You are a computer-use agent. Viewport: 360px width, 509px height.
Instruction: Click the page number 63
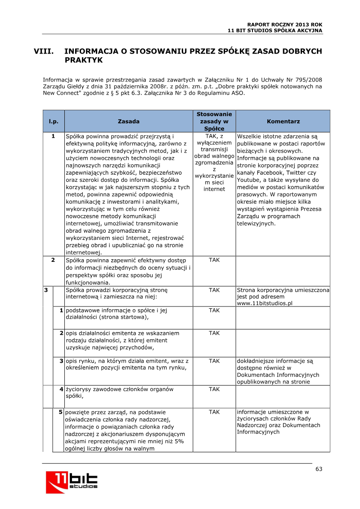pyautogui.click(x=319, y=469)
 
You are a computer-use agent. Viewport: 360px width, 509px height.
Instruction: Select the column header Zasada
pyautogui.click(x=128, y=122)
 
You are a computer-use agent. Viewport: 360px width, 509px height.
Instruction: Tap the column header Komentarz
pyautogui.click(x=283, y=122)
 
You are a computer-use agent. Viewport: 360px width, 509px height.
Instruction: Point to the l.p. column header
pyautogui.click(x=54, y=122)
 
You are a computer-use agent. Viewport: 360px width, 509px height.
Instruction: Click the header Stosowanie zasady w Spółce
pyautogui.click(x=214, y=122)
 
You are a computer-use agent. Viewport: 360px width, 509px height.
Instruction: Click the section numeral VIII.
pyautogui.click(x=44, y=51)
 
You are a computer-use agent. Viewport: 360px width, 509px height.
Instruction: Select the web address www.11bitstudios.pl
pyautogui.click(x=265, y=303)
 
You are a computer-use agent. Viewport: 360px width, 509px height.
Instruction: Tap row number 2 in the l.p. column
pyautogui.click(x=53, y=260)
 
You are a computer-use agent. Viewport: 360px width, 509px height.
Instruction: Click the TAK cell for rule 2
pyautogui.click(x=214, y=260)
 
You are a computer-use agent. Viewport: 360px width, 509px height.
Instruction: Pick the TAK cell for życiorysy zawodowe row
pyautogui.click(x=214, y=389)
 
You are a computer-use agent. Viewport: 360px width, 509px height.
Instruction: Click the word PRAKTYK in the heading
pyautogui.click(x=84, y=60)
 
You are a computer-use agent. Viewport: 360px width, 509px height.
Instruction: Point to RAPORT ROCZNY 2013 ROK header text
pyautogui.click(x=285, y=24)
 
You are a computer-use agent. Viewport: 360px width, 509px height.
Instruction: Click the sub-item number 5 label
pyautogui.click(x=60, y=412)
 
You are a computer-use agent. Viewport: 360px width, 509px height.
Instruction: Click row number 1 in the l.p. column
pyautogui.click(x=53, y=136)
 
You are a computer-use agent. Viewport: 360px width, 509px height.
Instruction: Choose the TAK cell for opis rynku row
pyautogui.click(x=214, y=361)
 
